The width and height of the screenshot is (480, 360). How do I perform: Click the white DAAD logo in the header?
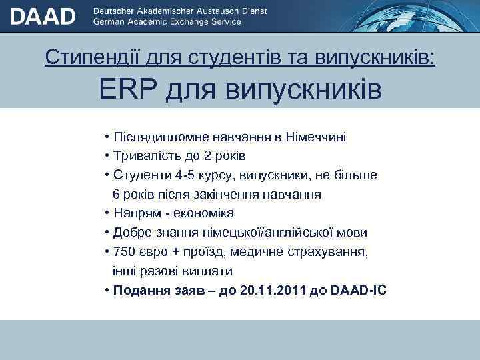point(43,15)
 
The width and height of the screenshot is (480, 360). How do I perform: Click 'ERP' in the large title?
point(128,89)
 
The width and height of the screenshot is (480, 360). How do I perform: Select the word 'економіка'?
point(203,214)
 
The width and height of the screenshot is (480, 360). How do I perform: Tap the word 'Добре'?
point(133,233)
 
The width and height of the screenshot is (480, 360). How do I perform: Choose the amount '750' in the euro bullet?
point(125,253)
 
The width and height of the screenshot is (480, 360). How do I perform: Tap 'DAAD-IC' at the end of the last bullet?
point(358,291)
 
